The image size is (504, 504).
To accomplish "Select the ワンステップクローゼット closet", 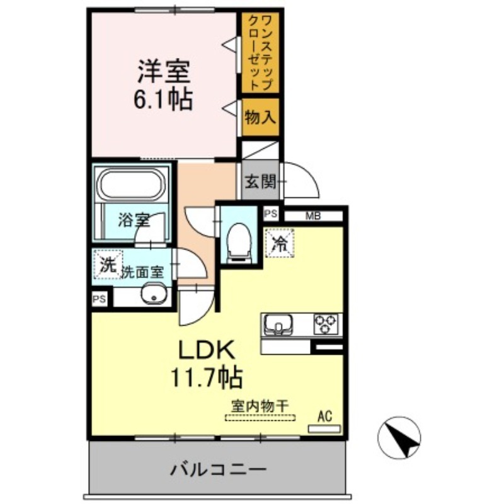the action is pyautogui.click(x=260, y=52).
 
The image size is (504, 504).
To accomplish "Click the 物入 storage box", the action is pyautogui.click(x=260, y=117).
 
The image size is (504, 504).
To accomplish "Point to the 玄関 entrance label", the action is pyautogui.click(x=261, y=182).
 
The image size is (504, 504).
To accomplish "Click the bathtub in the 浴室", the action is pyautogui.click(x=131, y=184).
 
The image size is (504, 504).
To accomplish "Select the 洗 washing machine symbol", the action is pyautogui.click(x=108, y=265).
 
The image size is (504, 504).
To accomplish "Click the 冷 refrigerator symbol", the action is pyautogui.click(x=280, y=243).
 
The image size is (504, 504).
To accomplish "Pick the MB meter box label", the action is pyautogui.click(x=312, y=216).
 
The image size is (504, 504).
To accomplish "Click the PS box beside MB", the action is pyautogui.click(x=271, y=214).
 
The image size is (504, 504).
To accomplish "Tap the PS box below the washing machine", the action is pyautogui.click(x=99, y=299).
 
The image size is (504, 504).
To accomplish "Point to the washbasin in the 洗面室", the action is pyautogui.click(x=154, y=294).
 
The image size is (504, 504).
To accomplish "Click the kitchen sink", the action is pyautogui.click(x=278, y=324).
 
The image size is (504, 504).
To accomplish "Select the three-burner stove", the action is pyautogui.click(x=326, y=324).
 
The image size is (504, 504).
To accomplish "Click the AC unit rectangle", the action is pyautogui.click(x=324, y=429).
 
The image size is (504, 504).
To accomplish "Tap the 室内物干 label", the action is pyautogui.click(x=260, y=406).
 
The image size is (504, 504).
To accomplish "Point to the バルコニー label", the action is pyautogui.click(x=218, y=470).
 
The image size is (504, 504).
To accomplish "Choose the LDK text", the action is pyautogui.click(x=206, y=351).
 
